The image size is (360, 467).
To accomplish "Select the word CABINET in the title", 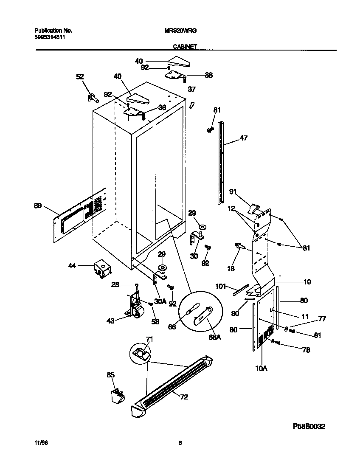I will pos(185,47).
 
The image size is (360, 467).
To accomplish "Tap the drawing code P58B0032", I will pos(309,426).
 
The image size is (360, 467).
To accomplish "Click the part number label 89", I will pos(38,206).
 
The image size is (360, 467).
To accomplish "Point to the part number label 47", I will pos(244,138).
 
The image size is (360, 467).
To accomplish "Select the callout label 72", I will pos(184,397).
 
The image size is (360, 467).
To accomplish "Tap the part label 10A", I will pos(261,368).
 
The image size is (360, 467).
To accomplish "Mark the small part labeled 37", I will pos(191,104).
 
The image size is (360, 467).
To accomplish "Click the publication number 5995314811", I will pos(49,37).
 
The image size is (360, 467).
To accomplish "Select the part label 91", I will pos(233,191).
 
